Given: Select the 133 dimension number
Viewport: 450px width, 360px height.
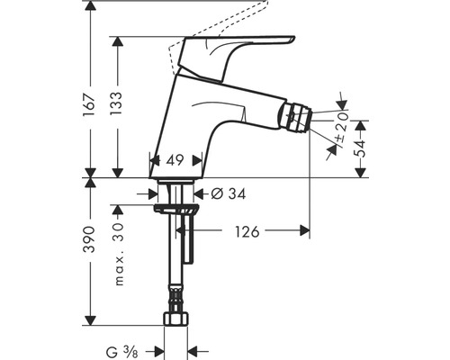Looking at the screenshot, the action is point(117,103).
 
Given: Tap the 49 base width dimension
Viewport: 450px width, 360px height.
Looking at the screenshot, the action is point(175,160).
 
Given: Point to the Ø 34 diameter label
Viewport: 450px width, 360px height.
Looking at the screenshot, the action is point(228,193).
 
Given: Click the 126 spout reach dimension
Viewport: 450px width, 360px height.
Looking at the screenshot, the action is point(247,231).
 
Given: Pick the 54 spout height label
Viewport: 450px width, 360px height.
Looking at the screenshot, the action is point(360,148).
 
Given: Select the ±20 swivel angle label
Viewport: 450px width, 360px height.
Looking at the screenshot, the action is point(342,127).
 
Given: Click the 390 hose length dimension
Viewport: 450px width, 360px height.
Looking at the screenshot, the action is point(90,239).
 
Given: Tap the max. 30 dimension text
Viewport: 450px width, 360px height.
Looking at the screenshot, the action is point(119,254).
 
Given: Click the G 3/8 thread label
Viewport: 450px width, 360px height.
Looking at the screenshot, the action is point(122,352).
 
